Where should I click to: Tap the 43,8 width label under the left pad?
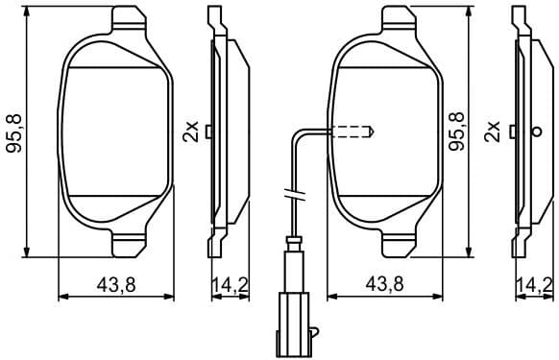[116, 283]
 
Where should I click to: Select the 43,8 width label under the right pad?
[386, 283]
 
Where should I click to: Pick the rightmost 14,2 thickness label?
[534, 283]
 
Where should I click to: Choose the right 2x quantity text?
[494, 131]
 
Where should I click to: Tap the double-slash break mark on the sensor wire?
[294, 196]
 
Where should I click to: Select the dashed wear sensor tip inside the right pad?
[353, 132]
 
